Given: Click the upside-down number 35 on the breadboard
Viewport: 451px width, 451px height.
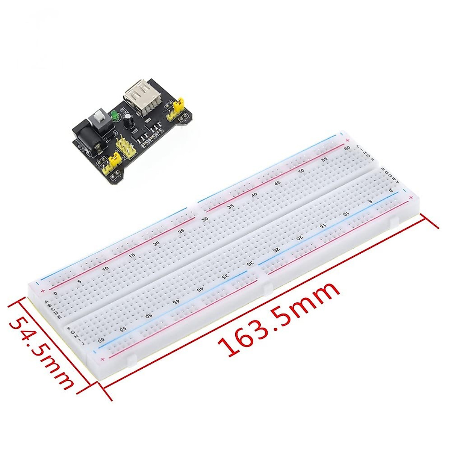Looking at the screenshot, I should [x=225, y=276].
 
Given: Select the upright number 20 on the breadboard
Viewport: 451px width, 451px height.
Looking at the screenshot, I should [x=156, y=243].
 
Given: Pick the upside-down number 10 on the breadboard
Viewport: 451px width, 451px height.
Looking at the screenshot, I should [x=346, y=213].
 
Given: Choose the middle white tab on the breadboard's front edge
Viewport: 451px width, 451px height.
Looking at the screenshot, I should [x=268, y=288].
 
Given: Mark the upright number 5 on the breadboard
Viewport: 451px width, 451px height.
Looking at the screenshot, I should [x=79, y=281].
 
